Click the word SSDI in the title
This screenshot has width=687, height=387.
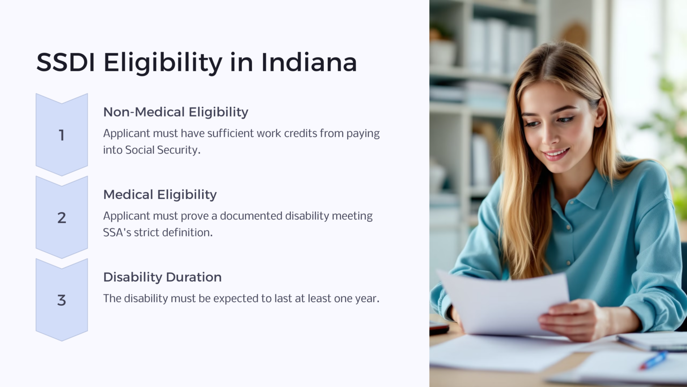coord(65,62)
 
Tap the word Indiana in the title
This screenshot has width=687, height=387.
coord(309,62)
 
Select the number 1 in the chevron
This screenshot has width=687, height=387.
coord(62,135)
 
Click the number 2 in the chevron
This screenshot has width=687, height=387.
coord(62,218)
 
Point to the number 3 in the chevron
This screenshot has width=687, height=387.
coord(62,300)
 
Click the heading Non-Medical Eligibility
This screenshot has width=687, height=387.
coord(175,112)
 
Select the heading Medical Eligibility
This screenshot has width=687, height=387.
coord(160,194)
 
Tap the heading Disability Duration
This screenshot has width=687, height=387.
coord(162,277)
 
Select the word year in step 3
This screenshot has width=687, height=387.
coord(366,299)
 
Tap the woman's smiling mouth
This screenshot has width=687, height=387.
coord(556,155)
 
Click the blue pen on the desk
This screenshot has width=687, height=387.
coord(653,360)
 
